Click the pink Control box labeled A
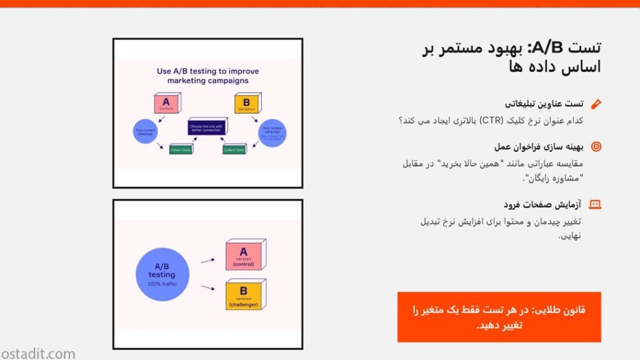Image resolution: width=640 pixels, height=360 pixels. [x=166, y=103]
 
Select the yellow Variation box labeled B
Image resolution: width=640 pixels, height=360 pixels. [x=246, y=103]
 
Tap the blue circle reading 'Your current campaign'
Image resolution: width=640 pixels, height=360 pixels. [x=145, y=132]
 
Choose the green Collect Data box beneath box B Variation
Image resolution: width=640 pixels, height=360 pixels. [x=234, y=150]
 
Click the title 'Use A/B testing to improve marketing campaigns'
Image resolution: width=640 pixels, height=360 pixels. [x=207, y=76]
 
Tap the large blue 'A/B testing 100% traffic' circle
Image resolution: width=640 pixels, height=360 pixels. [x=162, y=274]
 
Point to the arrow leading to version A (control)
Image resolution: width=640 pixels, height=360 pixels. [x=207, y=259]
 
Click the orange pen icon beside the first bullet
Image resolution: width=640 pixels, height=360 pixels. [x=596, y=104]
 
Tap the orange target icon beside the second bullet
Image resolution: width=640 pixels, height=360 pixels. [x=596, y=147]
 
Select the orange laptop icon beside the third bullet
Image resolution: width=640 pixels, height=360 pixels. [x=596, y=204]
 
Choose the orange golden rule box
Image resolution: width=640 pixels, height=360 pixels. [x=499, y=317]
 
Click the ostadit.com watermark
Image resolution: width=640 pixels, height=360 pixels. [x=38, y=354]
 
